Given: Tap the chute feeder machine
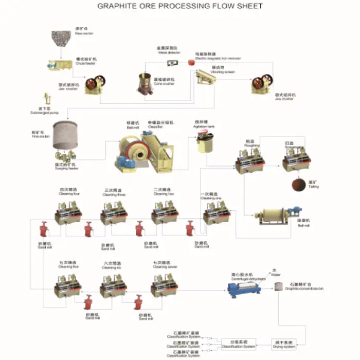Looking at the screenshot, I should pyautogui.click(x=60, y=65).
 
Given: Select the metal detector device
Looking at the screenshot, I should pyautogui.click(x=171, y=63).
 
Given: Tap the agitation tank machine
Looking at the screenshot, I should pyautogui.click(x=204, y=142).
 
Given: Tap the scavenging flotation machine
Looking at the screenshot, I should pyautogui.click(x=296, y=159).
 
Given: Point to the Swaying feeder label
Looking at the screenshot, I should pyautogui.click(x=66, y=168).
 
